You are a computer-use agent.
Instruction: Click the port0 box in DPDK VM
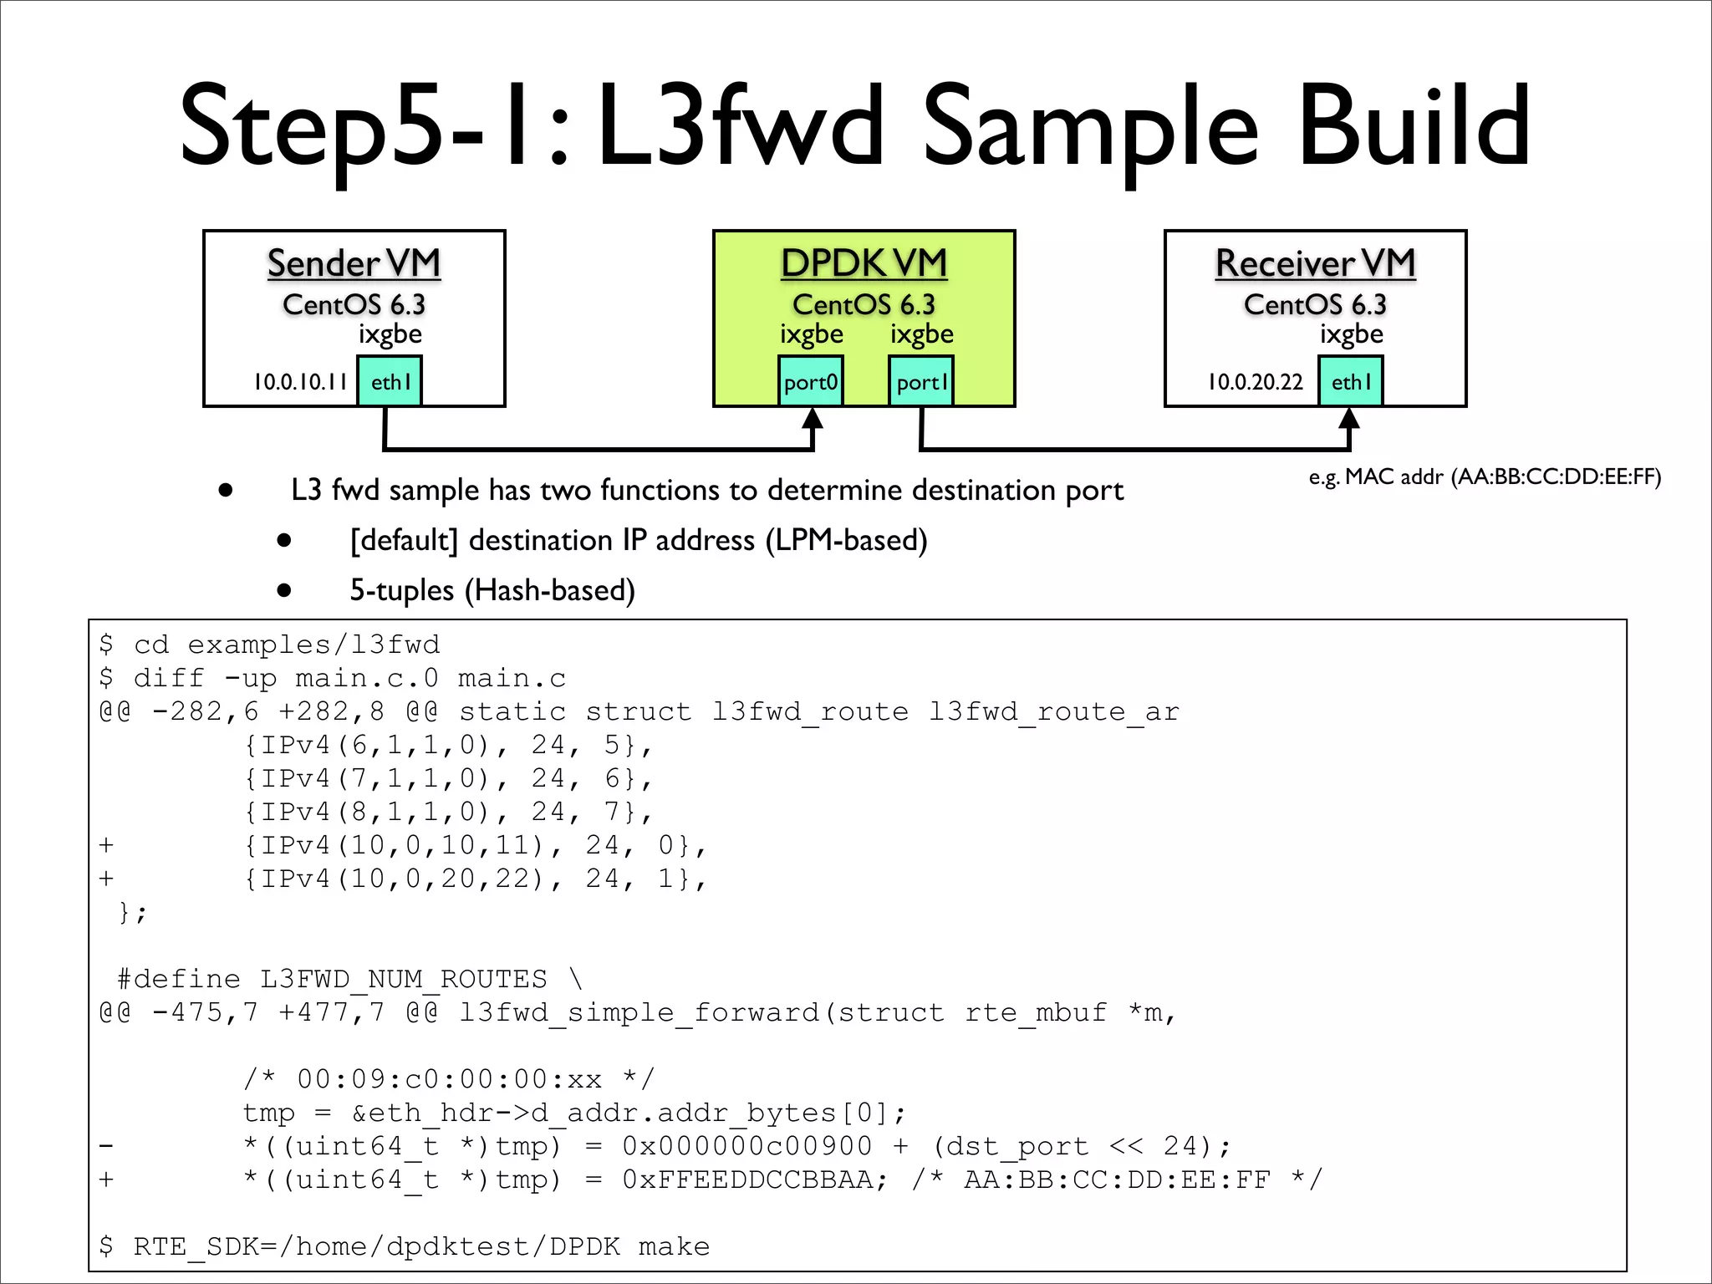(x=810, y=381)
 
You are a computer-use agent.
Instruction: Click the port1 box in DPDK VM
(x=921, y=381)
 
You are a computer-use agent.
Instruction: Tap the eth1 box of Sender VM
(x=390, y=381)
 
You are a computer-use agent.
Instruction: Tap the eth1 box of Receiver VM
(x=1351, y=381)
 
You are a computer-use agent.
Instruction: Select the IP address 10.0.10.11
(x=300, y=382)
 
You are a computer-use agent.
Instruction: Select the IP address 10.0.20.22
(x=1255, y=382)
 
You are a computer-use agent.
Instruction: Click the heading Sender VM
(x=354, y=263)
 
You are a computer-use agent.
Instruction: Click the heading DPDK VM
(x=864, y=263)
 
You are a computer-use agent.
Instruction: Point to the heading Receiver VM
(x=1315, y=263)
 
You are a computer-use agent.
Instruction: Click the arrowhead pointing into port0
(x=813, y=418)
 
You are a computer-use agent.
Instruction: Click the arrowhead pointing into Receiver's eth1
(x=1349, y=418)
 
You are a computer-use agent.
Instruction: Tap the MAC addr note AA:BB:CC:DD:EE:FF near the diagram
(x=1485, y=477)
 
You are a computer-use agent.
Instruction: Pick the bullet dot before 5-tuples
(x=284, y=590)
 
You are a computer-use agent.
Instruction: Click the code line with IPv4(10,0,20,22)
(x=475, y=879)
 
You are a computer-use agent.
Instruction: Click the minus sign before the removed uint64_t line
(x=106, y=1146)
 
